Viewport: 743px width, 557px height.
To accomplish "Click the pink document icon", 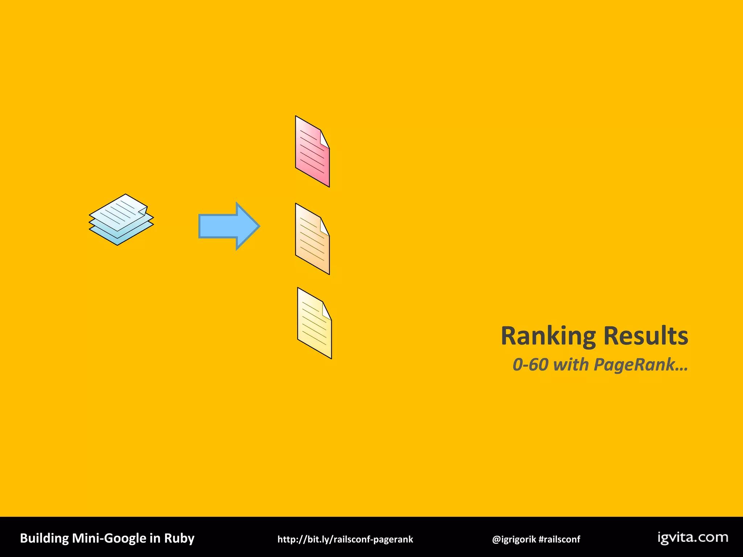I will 312,152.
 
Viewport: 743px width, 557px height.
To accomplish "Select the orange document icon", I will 312,240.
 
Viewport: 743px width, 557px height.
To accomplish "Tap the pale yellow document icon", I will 314,324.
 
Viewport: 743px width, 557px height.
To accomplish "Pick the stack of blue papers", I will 121,219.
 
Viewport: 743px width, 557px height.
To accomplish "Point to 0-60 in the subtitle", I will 530,364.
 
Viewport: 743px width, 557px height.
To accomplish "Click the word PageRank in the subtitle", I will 634,364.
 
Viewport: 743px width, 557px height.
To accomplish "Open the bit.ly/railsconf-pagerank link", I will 345,539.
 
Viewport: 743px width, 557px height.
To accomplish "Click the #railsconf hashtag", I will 559,539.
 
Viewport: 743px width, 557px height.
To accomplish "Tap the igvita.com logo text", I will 693,537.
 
